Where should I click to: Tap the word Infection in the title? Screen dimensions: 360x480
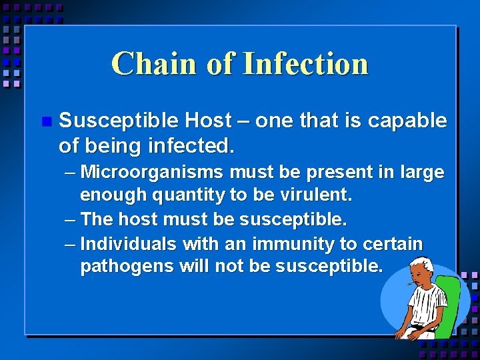click(x=306, y=64)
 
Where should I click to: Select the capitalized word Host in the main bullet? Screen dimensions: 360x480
click(x=208, y=121)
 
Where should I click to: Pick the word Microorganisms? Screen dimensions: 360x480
click(x=151, y=173)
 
